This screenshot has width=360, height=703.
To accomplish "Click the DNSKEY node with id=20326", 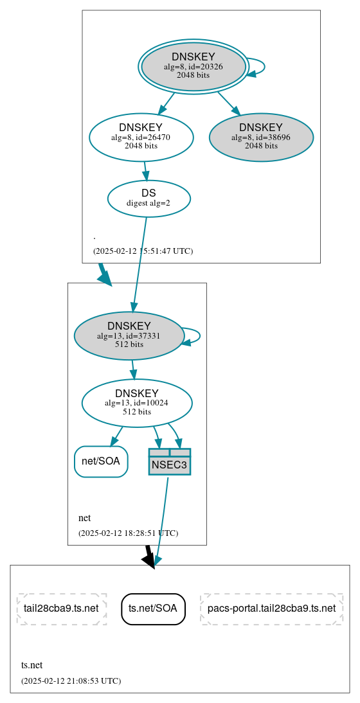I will [194, 67].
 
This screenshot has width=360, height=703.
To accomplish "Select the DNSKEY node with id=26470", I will [141, 137].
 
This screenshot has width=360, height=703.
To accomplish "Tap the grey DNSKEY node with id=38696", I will [261, 137].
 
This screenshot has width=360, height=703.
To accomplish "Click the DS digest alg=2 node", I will [148, 198].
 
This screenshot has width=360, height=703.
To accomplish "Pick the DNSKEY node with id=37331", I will [129, 335].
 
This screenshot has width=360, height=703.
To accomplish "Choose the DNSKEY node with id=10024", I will [137, 403].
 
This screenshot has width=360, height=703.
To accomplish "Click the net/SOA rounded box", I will [101, 461].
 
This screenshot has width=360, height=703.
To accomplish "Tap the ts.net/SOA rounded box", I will [153, 609].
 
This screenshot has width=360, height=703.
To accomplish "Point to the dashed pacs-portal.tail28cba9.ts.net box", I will [271, 609].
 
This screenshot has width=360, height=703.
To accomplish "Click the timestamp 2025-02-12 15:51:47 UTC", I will [143, 251].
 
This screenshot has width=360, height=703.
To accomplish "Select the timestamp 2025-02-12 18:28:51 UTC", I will [128, 533].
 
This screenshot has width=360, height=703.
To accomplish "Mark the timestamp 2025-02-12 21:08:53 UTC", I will [71, 681].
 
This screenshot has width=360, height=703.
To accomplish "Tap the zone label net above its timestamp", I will [84, 518].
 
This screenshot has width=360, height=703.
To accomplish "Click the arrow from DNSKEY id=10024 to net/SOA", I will [116, 436].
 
